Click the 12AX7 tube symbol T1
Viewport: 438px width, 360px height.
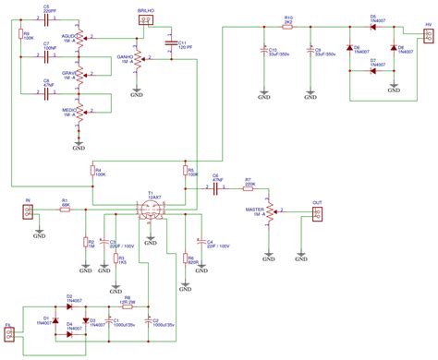tap(151, 210)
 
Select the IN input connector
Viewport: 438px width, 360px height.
tap(29, 210)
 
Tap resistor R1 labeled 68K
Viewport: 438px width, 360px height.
tap(65, 210)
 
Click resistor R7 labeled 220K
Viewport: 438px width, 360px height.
tap(249, 188)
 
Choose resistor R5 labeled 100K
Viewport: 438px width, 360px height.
tap(189, 172)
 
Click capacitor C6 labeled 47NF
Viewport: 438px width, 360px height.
tap(217, 188)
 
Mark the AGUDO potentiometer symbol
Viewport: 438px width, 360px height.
tap(79, 39)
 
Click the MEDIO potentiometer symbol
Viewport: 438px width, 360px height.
tap(79, 114)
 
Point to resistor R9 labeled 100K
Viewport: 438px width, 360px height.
tap(18, 38)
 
